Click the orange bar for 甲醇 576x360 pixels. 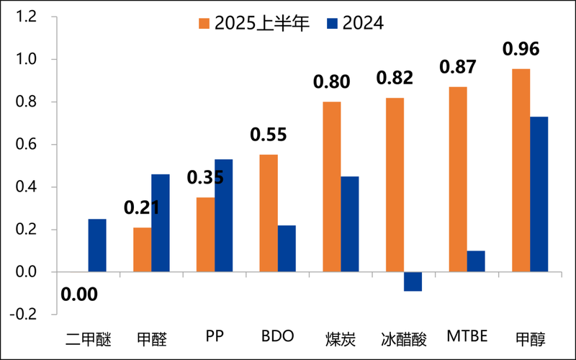521,171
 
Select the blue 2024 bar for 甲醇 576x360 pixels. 539,194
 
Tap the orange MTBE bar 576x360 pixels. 457,179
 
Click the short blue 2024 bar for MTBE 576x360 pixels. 476,261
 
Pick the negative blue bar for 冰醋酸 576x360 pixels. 413,282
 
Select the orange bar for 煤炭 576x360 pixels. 332,187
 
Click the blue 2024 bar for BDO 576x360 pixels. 287,249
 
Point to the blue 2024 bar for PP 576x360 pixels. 223,216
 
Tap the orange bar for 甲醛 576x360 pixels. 143,250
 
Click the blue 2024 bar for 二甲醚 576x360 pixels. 97,246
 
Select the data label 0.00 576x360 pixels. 79,294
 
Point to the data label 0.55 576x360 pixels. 269,135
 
